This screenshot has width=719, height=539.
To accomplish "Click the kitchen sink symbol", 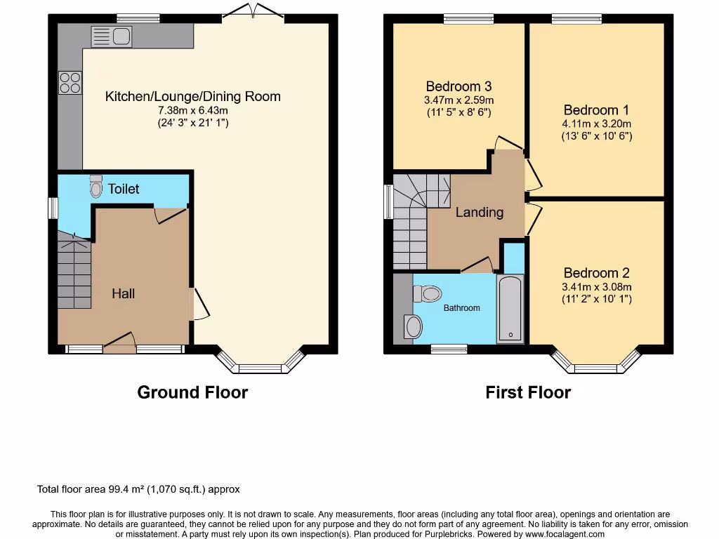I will click(x=110, y=34).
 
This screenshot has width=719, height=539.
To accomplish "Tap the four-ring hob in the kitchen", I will click(x=70, y=83).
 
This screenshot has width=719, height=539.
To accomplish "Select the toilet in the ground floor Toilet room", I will click(x=96, y=187).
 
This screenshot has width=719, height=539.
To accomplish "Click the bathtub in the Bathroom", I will click(x=510, y=309).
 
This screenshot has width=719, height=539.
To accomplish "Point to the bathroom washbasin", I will click(x=414, y=326).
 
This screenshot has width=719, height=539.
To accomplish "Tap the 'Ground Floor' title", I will click(x=192, y=392).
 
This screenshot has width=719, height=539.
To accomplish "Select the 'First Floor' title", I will click(x=528, y=392).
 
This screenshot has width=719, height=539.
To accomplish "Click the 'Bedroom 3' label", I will click(x=459, y=86).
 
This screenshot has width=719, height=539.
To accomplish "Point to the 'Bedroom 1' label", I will click(x=596, y=110).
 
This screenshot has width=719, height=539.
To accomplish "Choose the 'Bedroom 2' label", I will click(x=596, y=273).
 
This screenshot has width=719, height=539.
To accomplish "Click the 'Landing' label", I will click(x=480, y=212).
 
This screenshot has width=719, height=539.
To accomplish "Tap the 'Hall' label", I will click(x=124, y=294).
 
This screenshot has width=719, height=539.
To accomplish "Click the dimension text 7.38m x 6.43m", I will click(x=193, y=110).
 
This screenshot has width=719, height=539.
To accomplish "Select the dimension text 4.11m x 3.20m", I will click(x=596, y=124).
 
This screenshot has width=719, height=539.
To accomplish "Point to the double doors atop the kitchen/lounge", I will click(x=251, y=11).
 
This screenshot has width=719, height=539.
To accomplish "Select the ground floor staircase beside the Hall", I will click(x=74, y=270).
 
